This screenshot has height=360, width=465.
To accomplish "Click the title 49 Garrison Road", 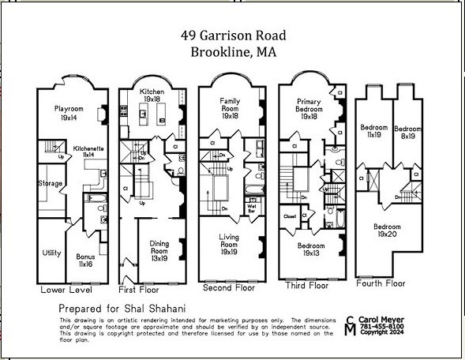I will pos(232,36).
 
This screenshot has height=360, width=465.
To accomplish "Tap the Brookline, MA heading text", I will pos(232,53).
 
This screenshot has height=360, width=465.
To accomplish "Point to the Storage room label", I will pos(51,184).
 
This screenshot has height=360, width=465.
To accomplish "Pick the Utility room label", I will pos(51,253).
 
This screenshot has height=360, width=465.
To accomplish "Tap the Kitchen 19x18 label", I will pos(152,96).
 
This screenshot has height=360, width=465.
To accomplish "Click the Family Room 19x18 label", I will pos(231,107).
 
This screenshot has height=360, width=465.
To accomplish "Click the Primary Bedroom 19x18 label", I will pos(308,108).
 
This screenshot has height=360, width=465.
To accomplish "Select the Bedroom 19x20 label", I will pos(386,231).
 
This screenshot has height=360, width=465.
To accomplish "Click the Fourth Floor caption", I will pos(381,283).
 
